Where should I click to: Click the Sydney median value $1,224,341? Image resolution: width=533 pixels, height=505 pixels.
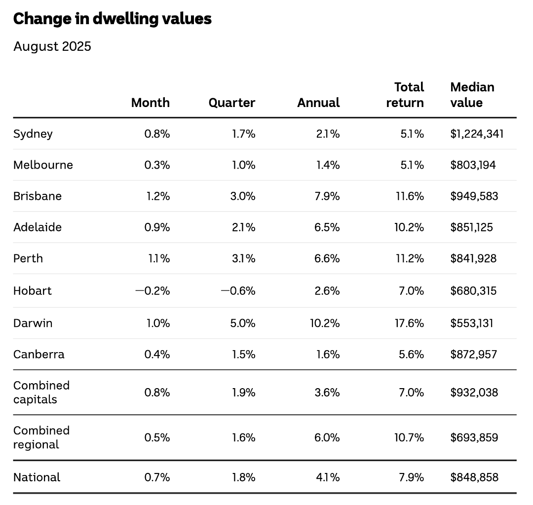coord(477,134)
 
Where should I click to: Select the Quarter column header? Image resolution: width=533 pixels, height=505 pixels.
coord(232,103)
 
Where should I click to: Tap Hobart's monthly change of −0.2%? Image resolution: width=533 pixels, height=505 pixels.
coord(152,290)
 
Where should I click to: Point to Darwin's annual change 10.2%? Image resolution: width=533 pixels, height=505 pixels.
coord(325,323)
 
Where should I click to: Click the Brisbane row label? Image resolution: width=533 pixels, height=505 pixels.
coord(38,196)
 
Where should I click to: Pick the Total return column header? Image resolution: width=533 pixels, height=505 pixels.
coord(405,95)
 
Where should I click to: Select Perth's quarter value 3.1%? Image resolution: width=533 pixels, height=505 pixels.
coord(243,258)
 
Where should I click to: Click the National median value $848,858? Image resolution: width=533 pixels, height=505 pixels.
coord(474,477)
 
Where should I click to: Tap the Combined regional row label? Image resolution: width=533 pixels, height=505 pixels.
coord(41,437)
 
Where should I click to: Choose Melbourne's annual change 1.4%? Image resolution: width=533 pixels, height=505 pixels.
coord(328,165)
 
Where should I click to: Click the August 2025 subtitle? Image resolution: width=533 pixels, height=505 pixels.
coord(52,46)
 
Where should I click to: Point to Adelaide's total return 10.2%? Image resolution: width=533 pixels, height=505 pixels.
coord(409,227)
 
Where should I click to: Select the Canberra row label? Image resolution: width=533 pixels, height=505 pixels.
coord(39,354)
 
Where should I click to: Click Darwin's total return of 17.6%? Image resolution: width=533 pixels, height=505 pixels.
coord(409,323)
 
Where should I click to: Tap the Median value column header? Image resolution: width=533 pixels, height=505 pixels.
coord(472,95)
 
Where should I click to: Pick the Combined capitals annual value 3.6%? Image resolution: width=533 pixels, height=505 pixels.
coord(327,393)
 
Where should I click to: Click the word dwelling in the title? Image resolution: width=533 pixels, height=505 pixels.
coord(125,19)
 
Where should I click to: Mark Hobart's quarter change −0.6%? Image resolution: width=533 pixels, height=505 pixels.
coord(238,290)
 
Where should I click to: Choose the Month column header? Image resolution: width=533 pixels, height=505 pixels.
coord(151,103)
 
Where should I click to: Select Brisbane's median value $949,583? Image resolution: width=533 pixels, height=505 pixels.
coord(474,196)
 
